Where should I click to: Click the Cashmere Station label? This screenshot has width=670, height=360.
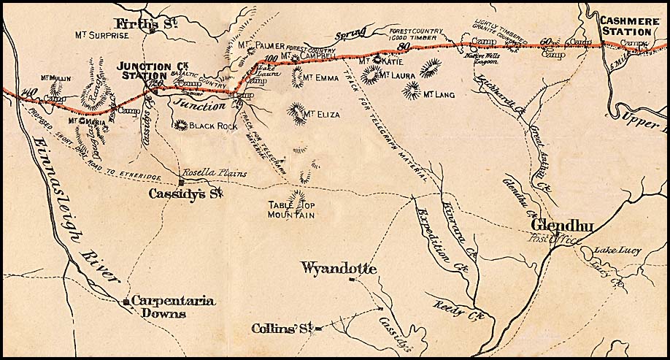(x=625, y=26)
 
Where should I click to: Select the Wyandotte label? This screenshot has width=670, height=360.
(x=339, y=269)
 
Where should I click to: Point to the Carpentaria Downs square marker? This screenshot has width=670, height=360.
(x=126, y=301)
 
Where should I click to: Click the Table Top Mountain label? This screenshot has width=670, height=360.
(x=290, y=210)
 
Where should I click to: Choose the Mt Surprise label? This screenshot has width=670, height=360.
(x=102, y=34)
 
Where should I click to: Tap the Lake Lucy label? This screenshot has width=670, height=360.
(x=617, y=250)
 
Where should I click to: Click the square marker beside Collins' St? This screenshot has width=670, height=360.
(x=319, y=329)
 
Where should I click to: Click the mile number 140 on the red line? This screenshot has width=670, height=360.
(x=29, y=92)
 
